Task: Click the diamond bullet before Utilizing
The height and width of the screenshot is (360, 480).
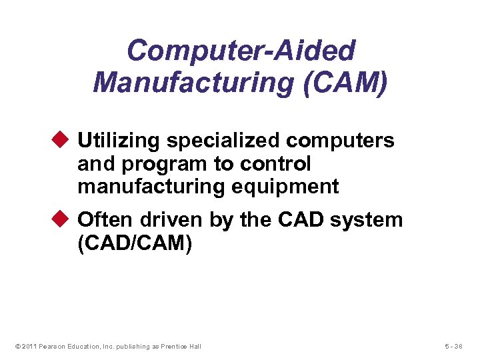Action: coord(64,141)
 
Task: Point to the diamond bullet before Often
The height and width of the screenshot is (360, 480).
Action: coord(64,219)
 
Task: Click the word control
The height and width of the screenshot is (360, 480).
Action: coord(280,164)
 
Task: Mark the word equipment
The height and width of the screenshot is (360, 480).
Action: coord(285,187)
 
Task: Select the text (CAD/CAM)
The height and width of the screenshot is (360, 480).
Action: coord(135,243)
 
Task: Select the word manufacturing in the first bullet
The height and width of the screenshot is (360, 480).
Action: coord(152,187)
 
